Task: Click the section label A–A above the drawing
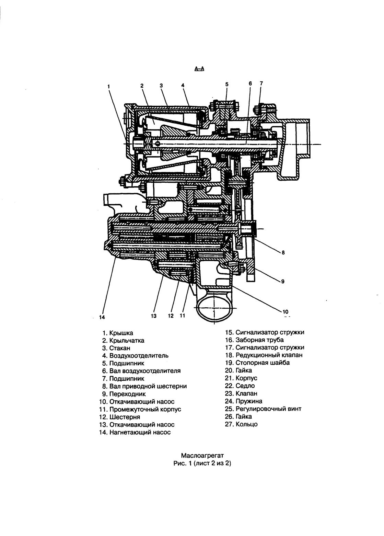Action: coord(199,69)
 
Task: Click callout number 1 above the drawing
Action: coord(109,86)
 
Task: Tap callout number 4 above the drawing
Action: coord(183,85)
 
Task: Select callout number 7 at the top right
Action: coord(261,83)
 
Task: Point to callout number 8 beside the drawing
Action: coord(283,252)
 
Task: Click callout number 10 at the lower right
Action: coord(286,312)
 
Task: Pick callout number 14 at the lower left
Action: coord(102,317)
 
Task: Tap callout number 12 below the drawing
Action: coord(171,316)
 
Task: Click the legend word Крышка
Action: coord(121,333)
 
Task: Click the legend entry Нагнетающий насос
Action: coord(140,432)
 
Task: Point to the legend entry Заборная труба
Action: coord(259,340)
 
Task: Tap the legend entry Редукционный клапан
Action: coord(269,355)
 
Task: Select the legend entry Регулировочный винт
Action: coord(268,409)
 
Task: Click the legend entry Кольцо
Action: coord(246,424)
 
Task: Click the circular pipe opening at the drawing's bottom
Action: coord(214,309)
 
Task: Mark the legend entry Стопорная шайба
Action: coord(263,363)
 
